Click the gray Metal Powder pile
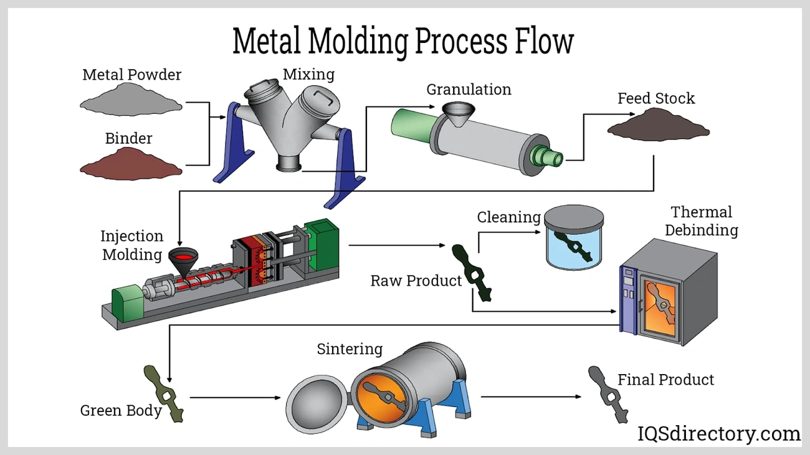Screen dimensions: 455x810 pyautogui.click(x=131, y=101)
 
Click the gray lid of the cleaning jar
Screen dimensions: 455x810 pyautogui.click(x=574, y=219)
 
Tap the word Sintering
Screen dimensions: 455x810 pyautogui.click(x=350, y=349)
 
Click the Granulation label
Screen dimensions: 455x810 pyautogui.click(x=469, y=90)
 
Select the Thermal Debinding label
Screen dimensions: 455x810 pyautogui.click(x=701, y=221)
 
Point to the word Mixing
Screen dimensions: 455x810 pyautogui.click(x=308, y=75)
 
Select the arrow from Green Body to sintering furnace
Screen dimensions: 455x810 pyautogui.click(x=236, y=397)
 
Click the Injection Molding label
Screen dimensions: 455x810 pyautogui.click(x=132, y=245)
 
